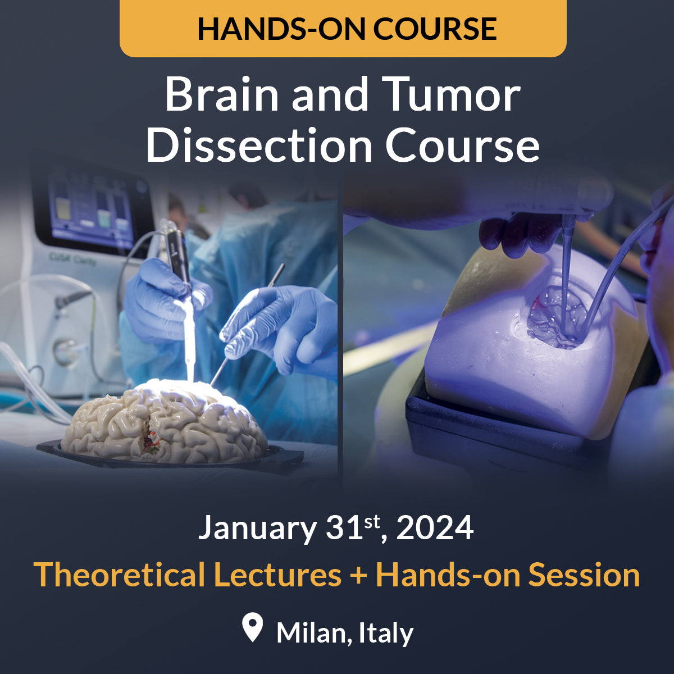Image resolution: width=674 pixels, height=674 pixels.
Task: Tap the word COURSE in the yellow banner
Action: coord(435,29)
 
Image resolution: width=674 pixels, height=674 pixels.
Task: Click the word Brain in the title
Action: coord(222,95)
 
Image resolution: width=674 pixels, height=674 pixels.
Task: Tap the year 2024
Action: coord(435,528)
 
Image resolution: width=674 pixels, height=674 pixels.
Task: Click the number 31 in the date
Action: coord(344,528)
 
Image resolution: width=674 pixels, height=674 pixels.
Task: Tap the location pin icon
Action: coord(253,627)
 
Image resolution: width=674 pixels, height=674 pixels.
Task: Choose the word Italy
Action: coord(386,633)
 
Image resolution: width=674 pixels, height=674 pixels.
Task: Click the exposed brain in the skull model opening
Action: coord(556,317)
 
